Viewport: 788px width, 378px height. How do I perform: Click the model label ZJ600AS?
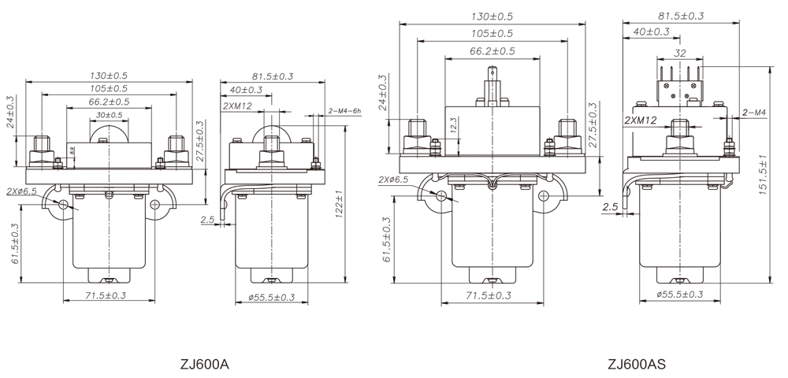pyautogui.click(x=637, y=365)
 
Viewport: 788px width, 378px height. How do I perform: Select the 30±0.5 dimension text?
pyautogui.click(x=109, y=115)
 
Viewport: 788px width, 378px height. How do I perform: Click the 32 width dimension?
pyautogui.click(x=678, y=54)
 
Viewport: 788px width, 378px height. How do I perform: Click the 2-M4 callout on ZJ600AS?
pyautogui.click(x=755, y=113)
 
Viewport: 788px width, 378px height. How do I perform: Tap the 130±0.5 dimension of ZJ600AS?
pyautogui.click(x=492, y=17)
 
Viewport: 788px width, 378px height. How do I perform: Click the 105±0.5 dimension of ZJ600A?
pyautogui.click(x=108, y=88)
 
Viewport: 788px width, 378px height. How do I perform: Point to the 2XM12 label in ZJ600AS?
pyautogui.click(x=639, y=120)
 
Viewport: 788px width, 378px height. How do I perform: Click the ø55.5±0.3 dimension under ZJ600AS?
pyautogui.click(x=678, y=295)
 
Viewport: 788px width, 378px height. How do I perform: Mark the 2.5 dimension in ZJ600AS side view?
pyautogui.click(x=610, y=206)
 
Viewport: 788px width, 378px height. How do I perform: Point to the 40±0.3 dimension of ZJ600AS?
pyautogui.click(x=651, y=31)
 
